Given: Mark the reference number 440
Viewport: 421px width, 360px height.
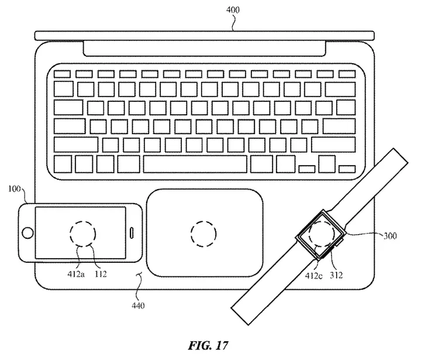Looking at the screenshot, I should [138, 305].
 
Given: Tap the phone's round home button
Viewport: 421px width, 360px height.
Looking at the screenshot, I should [26, 233].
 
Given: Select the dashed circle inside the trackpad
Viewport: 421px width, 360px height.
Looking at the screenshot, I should [204, 235].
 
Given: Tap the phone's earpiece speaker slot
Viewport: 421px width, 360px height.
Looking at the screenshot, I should [133, 232].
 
